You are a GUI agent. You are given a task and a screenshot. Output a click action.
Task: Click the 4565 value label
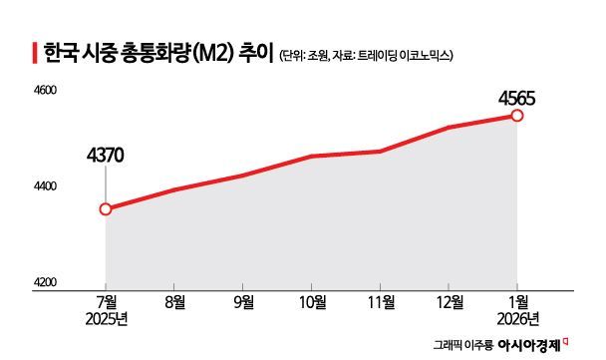[517, 98]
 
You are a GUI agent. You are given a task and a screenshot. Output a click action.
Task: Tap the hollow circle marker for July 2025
[106, 209]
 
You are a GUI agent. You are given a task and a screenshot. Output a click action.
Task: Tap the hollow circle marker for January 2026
[517, 116]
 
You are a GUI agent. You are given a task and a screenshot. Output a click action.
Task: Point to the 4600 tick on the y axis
[48, 91]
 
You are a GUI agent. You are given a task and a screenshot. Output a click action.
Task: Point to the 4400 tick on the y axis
[48, 186]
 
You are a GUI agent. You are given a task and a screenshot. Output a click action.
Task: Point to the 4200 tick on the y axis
[48, 282]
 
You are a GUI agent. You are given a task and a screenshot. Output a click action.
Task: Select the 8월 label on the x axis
[175, 301]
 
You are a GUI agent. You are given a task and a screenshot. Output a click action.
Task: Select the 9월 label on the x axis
[243, 301]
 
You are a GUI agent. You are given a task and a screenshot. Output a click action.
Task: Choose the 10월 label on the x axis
[312, 301]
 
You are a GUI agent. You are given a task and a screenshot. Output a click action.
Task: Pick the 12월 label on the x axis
[449, 301]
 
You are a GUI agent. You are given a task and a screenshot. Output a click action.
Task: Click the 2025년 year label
[107, 318]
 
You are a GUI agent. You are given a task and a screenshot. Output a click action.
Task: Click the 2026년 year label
[517, 318]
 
